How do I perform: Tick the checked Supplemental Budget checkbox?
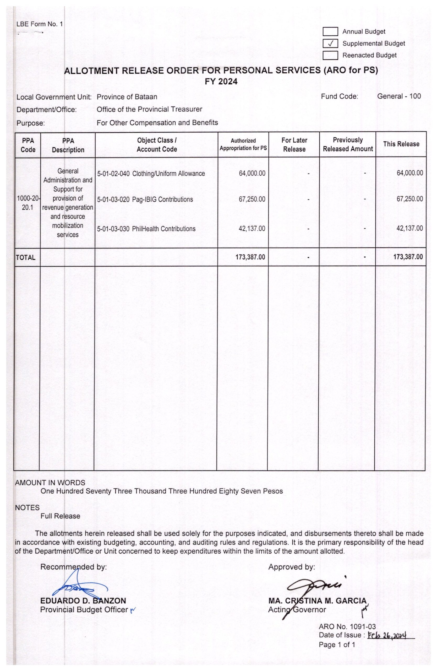[x=330, y=44]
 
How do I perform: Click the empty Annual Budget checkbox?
[x=330, y=31]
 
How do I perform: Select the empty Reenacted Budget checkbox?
[x=330, y=55]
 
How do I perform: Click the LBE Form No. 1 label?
[x=40, y=24]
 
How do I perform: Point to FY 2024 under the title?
[x=221, y=82]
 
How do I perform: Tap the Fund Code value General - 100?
[x=399, y=96]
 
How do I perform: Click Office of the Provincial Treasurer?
[x=149, y=109]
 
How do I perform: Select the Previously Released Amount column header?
[x=348, y=144]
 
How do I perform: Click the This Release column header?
[x=401, y=144]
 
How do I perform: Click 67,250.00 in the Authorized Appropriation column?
[x=252, y=199]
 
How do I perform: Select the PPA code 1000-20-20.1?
[x=28, y=203]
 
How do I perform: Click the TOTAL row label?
[x=26, y=257]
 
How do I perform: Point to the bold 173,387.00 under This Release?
[x=408, y=257]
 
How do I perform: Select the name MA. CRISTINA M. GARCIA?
[x=317, y=601]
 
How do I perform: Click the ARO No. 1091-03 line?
[x=347, y=627]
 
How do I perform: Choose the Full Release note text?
[x=60, y=516]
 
